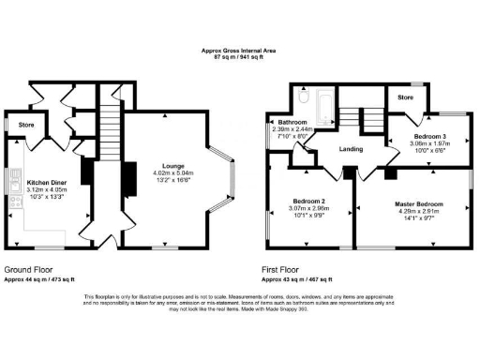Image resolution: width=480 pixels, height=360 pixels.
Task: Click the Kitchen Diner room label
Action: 45,182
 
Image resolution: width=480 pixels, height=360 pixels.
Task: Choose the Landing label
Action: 352,148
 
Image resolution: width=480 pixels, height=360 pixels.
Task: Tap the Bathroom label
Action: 283,123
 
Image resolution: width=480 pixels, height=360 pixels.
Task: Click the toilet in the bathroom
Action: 302,96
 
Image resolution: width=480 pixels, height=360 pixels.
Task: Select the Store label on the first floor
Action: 406,97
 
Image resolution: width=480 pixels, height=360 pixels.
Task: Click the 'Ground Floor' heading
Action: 24,269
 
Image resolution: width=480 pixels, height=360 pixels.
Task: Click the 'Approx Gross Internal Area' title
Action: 240,51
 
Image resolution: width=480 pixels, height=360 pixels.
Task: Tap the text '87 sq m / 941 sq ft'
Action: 240,57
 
